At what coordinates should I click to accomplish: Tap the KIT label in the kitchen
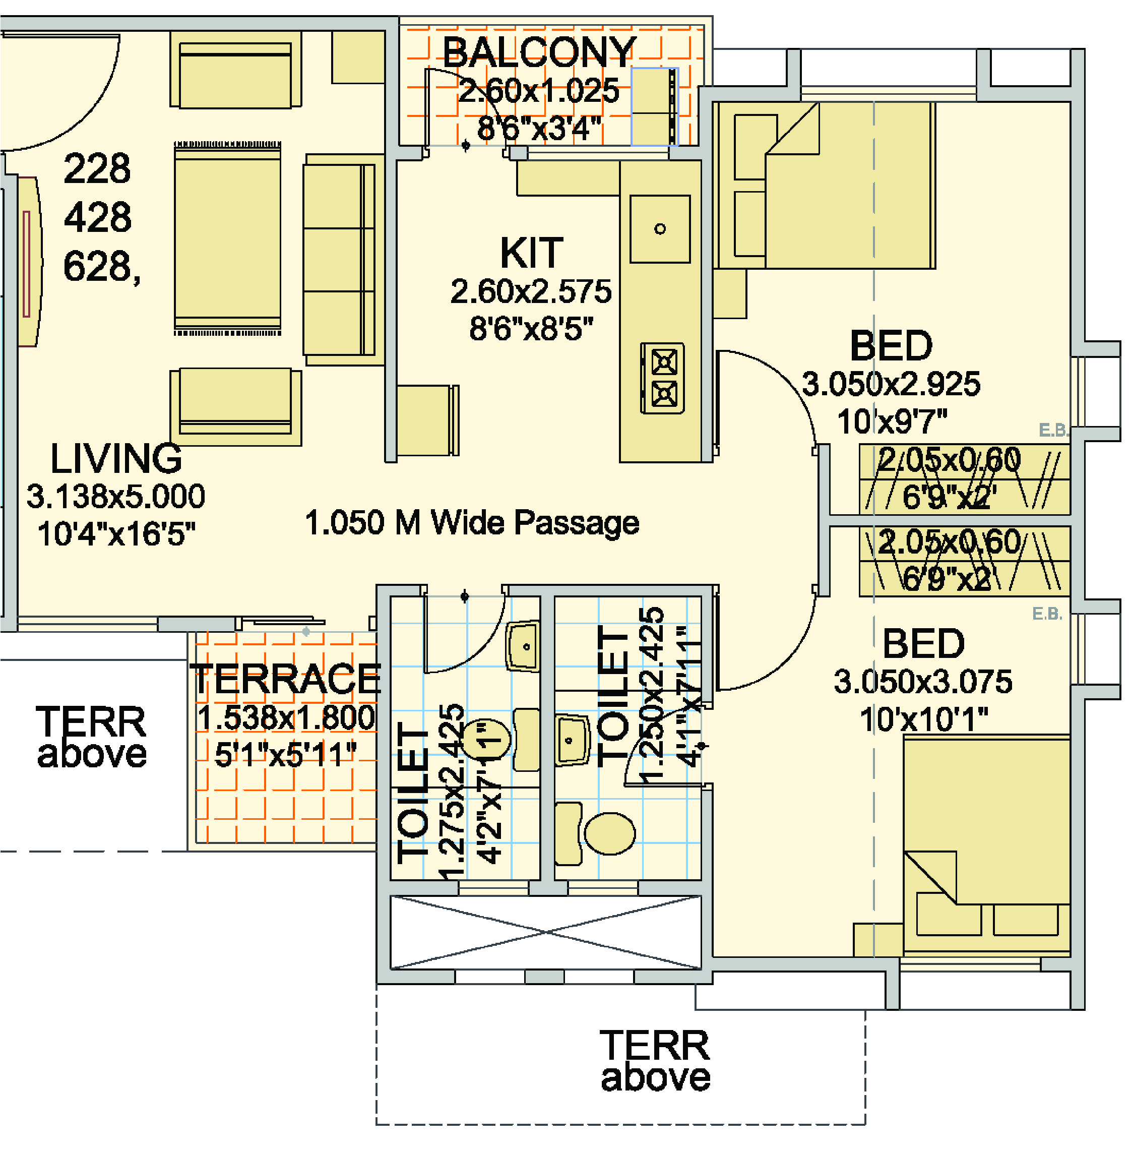point(531,253)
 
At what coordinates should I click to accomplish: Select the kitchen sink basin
point(659,229)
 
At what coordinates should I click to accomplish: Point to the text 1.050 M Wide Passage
point(472,523)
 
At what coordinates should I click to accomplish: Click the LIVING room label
point(116,459)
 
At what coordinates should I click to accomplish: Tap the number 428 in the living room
point(97,217)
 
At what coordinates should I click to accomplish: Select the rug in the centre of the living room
point(227,237)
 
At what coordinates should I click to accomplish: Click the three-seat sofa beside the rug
point(340,260)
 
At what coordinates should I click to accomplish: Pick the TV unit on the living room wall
point(28,262)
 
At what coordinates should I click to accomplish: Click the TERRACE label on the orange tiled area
point(285,679)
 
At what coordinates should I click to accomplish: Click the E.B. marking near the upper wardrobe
point(1053,430)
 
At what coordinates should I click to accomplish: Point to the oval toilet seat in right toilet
point(609,833)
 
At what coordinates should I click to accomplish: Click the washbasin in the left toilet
point(523,646)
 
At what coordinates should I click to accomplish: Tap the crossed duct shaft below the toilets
point(545,932)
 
